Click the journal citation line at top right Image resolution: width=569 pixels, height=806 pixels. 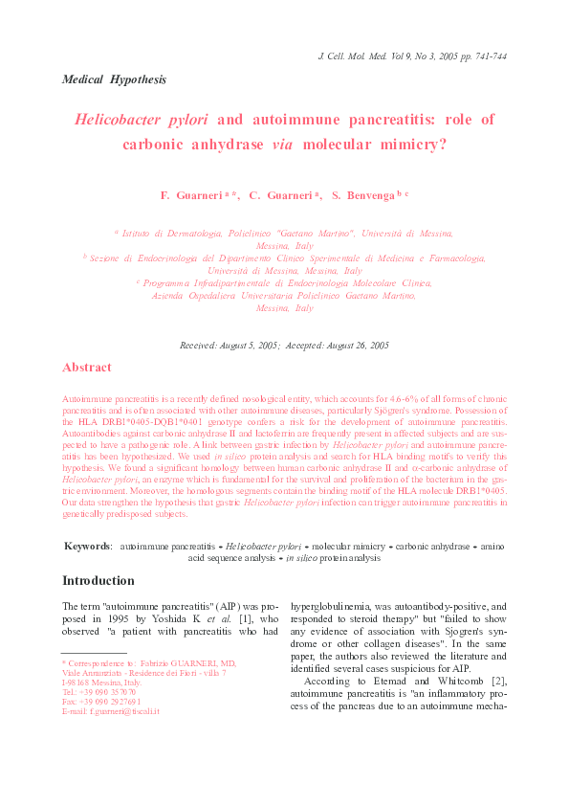click(411, 57)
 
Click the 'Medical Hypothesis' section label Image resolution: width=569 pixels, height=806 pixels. click(114, 78)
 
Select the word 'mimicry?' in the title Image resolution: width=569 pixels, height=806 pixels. click(415, 146)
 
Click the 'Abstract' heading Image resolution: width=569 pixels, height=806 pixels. click(86, 368)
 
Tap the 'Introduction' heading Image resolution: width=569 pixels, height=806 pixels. click(98, 581)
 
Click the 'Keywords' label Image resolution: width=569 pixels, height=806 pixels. click(87, 546)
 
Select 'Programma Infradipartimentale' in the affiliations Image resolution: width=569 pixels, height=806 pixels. click(208, 283)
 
